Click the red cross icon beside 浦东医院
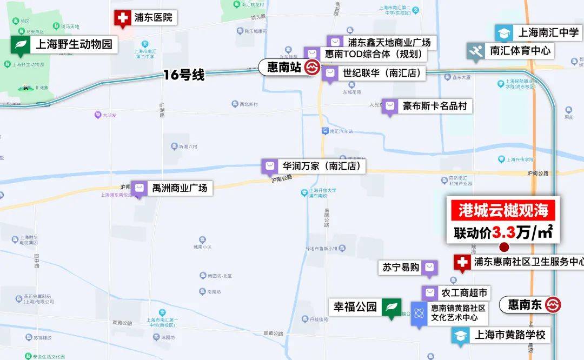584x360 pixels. [x=123, y=18]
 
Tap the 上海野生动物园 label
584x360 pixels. [x=74, y=44]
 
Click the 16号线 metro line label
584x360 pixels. [x=184, y=75]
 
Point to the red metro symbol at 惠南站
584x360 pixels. [x=311, y=68]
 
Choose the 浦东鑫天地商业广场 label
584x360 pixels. [x=389, y=42]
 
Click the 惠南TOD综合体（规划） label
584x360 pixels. [x=373, y=54]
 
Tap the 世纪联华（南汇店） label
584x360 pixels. [x=382, y=73]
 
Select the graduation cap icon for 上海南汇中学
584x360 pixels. [x=504, y=33]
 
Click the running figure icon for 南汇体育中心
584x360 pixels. [x=475, y=51]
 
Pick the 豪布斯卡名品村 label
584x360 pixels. [x=434, y=106]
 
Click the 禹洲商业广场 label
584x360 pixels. [x=180, y=188]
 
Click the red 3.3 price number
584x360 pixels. [x=502, y=232]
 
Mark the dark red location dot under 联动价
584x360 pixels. [x=504, y=247]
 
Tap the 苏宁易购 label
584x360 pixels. [x=401, y=267]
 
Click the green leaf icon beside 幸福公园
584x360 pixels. [x=391, y=307]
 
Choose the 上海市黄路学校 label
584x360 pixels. [x=510, y=335]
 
